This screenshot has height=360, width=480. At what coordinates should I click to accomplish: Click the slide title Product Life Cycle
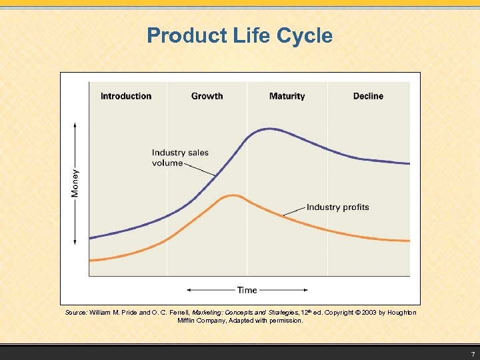tap(239, 35)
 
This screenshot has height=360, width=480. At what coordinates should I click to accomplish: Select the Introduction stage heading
tap(126, 96)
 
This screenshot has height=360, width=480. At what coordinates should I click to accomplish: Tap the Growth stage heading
tap(207, 96)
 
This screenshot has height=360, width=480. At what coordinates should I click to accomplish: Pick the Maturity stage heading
tap(287, 96)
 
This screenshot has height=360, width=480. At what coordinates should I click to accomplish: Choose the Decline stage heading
tap(368, 96)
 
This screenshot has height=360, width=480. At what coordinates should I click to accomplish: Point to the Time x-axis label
tap(247, 290)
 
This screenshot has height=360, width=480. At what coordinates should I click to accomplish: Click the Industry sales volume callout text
tap(179, 157)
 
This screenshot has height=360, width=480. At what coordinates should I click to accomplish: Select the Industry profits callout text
tap(337, 207)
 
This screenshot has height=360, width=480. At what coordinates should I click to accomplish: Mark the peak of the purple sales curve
tap(269, 128)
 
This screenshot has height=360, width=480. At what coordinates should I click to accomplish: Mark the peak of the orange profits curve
tap(232, 195)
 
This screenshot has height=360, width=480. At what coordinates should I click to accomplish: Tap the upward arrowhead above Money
tap(75, 125)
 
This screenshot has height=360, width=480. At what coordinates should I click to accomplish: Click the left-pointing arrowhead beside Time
tap(189, 290)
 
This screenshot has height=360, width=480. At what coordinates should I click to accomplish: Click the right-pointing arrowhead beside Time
tap(305, 290)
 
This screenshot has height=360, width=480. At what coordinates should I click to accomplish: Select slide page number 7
tap(472, 353)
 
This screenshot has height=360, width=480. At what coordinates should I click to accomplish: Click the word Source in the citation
tap(75, 313)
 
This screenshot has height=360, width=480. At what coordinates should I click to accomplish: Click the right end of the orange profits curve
tap(409, 241)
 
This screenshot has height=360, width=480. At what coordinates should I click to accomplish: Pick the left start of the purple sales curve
tap(91, 237)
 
